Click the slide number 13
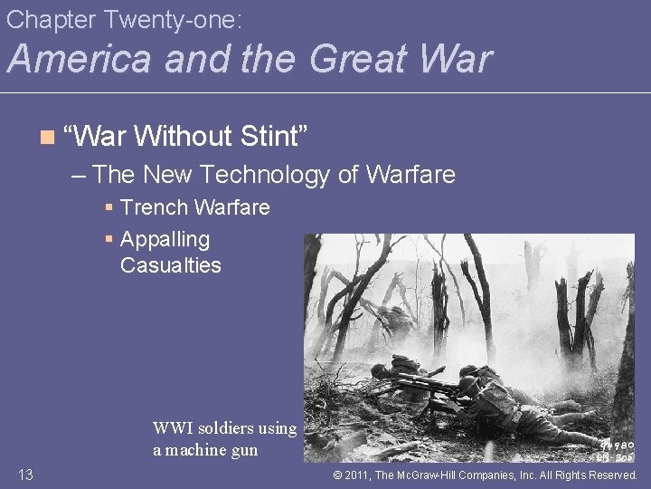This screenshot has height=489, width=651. point(25,475)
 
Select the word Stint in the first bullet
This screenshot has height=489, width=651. point(276,137)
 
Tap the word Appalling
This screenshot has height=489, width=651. point(165,240)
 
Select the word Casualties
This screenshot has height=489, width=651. point(170,265)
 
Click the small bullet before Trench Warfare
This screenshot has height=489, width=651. point(109,208)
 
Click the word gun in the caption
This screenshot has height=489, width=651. point(243,450)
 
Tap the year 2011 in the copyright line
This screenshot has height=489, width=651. point(361,475)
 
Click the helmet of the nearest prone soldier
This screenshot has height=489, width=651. point(468,372)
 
